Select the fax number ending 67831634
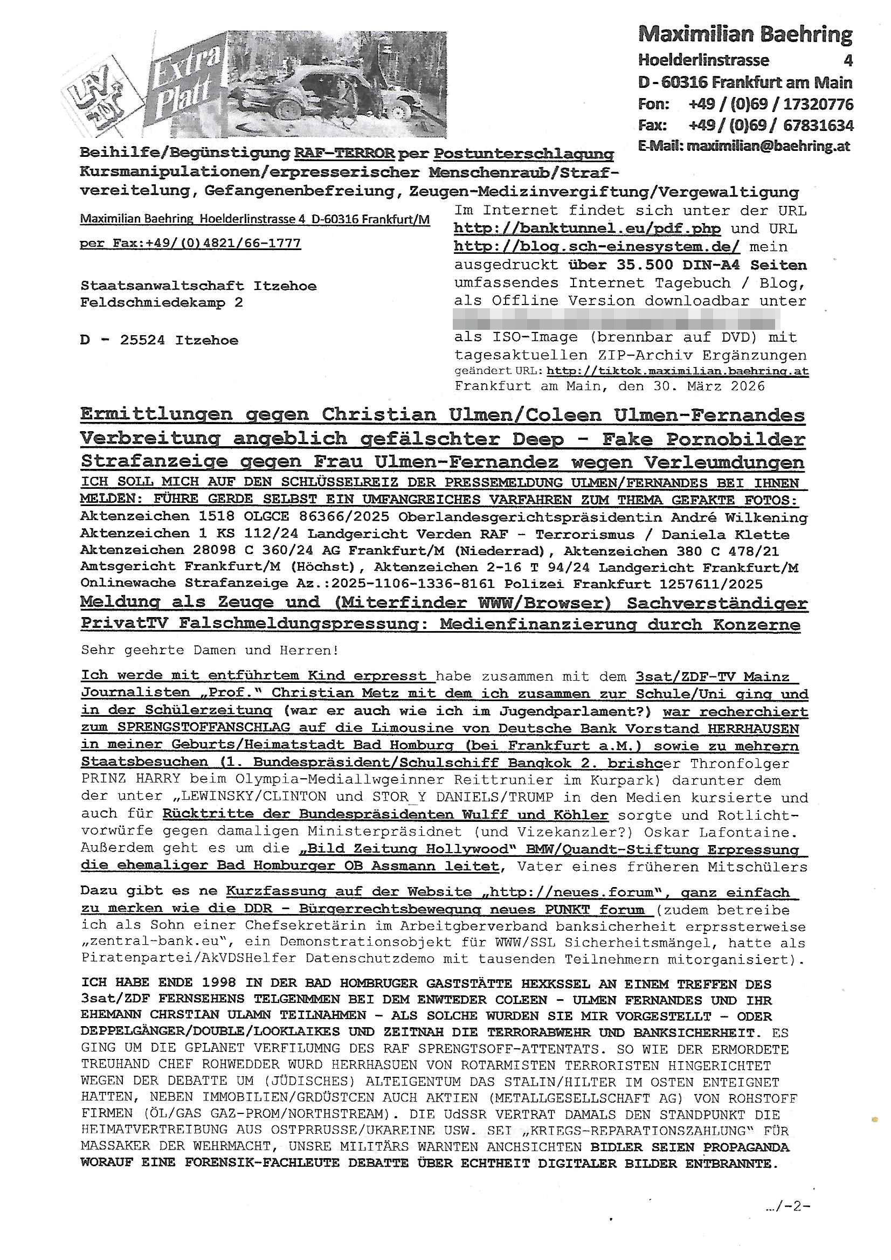818,126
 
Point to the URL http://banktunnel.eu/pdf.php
588,229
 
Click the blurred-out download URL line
616,319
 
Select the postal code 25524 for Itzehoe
142,340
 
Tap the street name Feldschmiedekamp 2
161,302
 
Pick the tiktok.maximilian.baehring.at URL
678,371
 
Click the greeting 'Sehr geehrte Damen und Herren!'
210,650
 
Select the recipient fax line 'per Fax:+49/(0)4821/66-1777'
190,243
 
